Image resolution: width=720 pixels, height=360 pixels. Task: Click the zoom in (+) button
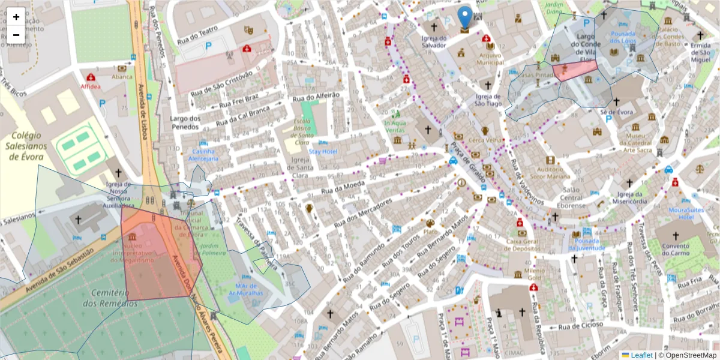click(x=16, y=16)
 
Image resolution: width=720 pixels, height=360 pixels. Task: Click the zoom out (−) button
click(x=16, y=35)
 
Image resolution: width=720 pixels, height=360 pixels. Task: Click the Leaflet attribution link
click(x=641, y=355)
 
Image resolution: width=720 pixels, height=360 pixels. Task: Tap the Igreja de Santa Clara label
click(x=299, y=167)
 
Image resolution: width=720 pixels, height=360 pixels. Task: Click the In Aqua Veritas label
click(x=394, y=126)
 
